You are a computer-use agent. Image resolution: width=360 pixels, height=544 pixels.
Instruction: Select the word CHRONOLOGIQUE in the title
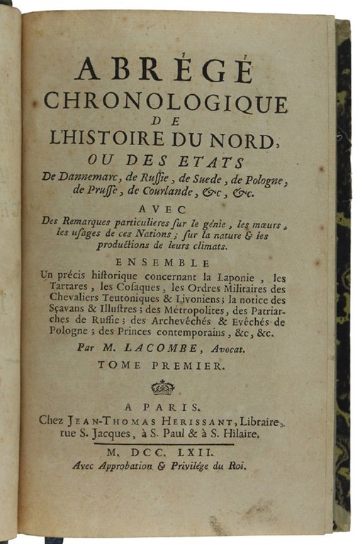click(165, 103)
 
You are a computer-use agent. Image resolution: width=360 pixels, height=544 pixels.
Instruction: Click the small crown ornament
click(163, 387)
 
